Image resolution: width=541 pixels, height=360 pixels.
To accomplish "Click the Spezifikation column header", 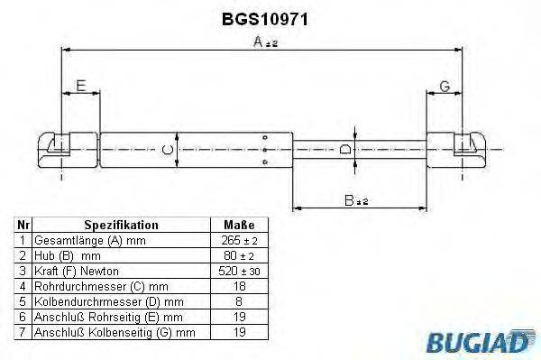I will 121,225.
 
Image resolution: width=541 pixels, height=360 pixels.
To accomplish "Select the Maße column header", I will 238,225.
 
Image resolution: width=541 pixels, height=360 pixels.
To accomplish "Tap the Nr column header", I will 24,225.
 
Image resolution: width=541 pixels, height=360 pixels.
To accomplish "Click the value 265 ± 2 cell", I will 238,241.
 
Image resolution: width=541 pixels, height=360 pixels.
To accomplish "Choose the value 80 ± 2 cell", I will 238,255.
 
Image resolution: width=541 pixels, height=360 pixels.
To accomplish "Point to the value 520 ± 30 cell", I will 238,271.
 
